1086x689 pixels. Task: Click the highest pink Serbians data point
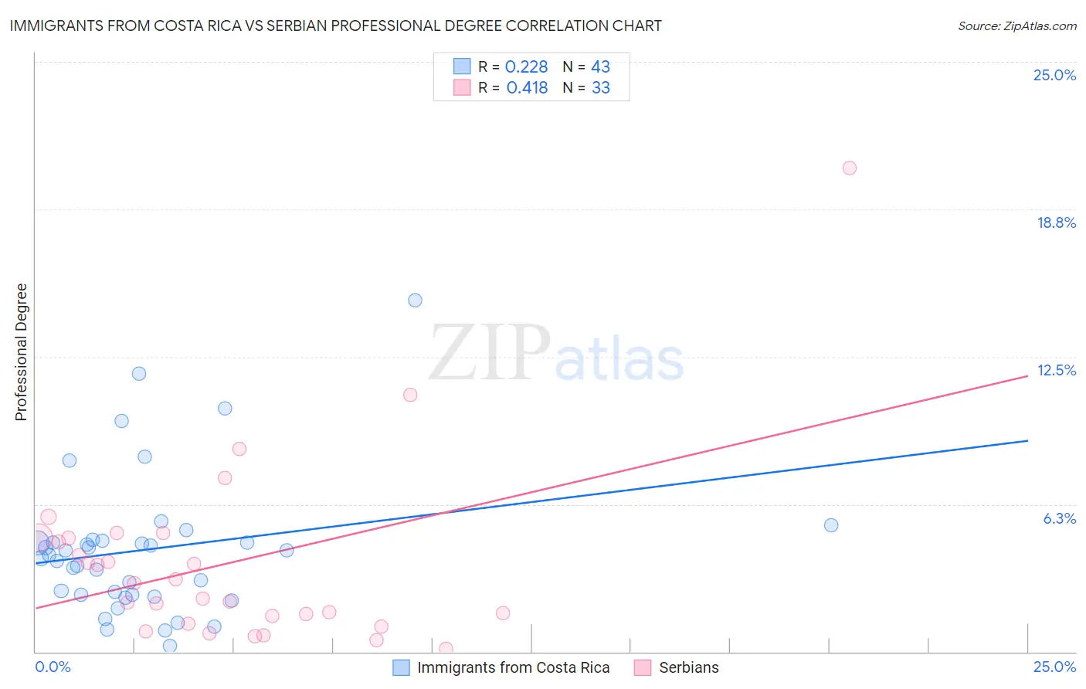pos(849,168)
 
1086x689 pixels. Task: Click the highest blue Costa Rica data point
pos(415,300)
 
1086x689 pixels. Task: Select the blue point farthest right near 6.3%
pos(831,525)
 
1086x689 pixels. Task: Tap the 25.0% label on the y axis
pos(1054,75)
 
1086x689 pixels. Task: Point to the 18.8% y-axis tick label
pos(1056,222)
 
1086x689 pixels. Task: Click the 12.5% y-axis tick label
pos(1056,370)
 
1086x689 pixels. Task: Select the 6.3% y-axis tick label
pos(1059,518)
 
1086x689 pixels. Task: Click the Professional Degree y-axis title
pos(21,352)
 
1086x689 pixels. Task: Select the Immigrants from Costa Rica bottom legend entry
pos(513,668)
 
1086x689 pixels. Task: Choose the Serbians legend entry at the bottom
pos(688,668)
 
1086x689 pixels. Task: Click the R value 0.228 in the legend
pos(526,67)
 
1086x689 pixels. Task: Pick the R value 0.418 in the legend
pos(527,88)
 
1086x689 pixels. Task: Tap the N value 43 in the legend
pos(600,67)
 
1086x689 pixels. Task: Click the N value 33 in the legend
pos(600,88)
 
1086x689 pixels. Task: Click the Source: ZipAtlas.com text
pos(1016,26)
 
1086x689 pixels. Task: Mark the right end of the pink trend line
pos(1027,376)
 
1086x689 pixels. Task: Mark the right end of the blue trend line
pos(1027,440)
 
